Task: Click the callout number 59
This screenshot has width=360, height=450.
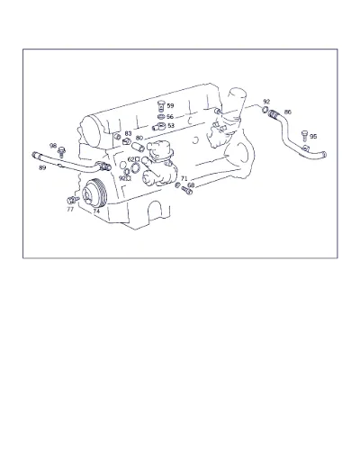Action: tap(170, 105)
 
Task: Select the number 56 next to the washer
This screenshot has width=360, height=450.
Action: tap(170, 117)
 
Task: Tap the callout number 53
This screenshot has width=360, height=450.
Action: tap(171, 125)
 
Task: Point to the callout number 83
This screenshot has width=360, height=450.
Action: tap(128, 133)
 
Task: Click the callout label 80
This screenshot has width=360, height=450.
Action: tap(139, 138)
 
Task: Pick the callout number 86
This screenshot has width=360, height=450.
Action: tap(288, 112)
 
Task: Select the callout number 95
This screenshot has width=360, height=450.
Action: tap(313, 137)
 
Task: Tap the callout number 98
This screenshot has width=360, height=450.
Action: tap(53, 146)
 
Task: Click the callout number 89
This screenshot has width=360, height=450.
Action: tap(42, 167)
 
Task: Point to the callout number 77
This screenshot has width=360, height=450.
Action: tap(70, 210)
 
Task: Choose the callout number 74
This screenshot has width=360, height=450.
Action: tap(96, 211)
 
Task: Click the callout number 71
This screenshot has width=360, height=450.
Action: tap(184, 179)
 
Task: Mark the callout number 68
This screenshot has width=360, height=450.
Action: tap(191, 185)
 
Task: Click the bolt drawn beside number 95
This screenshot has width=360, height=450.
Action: tap(304, 136)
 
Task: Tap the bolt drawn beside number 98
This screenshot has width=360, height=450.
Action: tap(62, 152)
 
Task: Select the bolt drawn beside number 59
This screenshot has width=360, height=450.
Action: tap(161, 106)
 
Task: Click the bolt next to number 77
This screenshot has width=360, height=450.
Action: tap(73, 200)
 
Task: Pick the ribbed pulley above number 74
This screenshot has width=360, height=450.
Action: tap(94, 193)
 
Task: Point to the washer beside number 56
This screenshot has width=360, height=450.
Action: tap(161, 116)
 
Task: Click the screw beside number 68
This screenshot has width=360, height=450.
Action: tap(186, 191)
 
